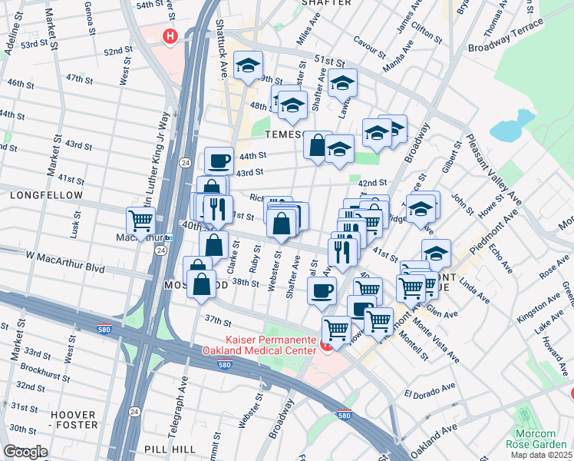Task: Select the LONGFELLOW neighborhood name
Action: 46,196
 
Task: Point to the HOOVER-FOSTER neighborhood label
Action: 74,420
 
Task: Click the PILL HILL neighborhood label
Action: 170,448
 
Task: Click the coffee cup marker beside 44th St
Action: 219,161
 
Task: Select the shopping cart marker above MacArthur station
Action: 140,221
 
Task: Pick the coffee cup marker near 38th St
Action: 322,290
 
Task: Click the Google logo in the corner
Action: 25,451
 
